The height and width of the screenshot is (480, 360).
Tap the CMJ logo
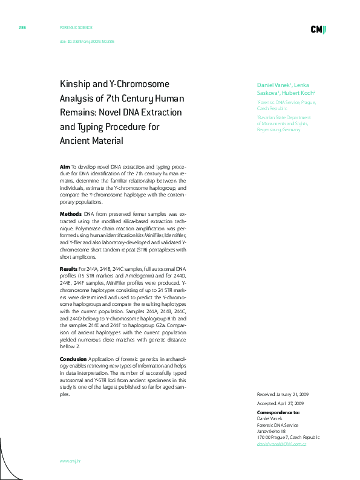pos(318,30)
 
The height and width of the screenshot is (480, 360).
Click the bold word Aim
pos(65,166)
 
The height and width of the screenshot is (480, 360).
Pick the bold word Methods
pos(70,214)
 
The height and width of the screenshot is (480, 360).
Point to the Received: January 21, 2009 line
pos(283,394)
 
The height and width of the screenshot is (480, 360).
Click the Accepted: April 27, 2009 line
pos(280,403)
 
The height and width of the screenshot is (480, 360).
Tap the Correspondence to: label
pos(278,412)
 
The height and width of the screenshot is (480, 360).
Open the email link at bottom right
pos(281,444)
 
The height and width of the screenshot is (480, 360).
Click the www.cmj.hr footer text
pos(70,461)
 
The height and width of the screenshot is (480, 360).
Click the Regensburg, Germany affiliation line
pos(278,129)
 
